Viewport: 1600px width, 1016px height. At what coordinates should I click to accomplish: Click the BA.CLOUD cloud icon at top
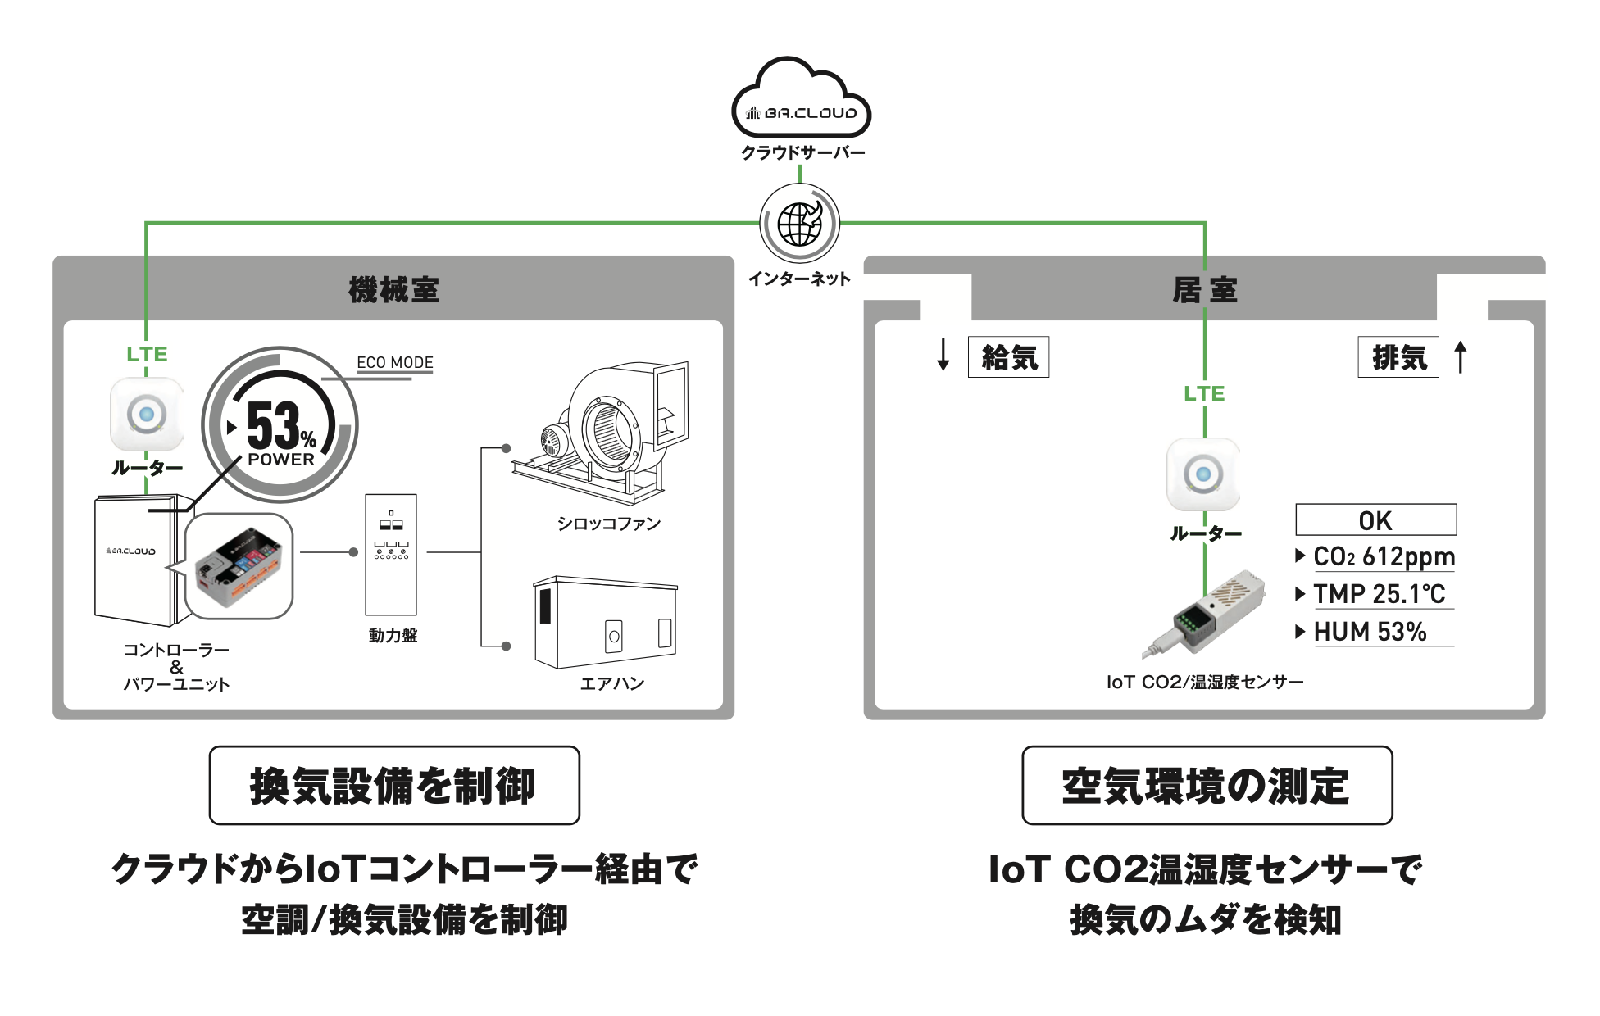coord(801,98)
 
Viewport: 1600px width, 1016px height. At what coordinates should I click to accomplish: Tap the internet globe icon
coord(800,223)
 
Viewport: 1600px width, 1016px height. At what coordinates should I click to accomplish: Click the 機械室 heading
coord(393,289)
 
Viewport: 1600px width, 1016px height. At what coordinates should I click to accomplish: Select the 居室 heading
coord(1204,289)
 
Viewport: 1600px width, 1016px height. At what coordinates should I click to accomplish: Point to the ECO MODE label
coord(394,362)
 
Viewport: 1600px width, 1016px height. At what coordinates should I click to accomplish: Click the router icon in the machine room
coord(147,414)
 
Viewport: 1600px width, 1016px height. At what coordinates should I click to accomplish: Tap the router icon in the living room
coord(1203,474)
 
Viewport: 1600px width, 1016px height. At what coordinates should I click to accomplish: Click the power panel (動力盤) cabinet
coord(391,554)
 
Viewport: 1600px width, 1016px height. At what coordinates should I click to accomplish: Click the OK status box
coord(1375,520)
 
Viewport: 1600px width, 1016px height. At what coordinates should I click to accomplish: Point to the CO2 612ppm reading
coord(1384,557)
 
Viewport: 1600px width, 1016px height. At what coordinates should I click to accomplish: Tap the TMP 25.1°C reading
coord(1379,594)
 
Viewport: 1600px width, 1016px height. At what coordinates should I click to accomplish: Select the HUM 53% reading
coord(1370,632)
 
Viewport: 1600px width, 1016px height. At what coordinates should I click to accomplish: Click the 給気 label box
coord(1008,357)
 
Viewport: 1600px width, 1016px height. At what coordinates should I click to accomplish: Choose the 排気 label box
coord(1398,357)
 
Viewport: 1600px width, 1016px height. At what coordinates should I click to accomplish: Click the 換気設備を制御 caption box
coord(394,785)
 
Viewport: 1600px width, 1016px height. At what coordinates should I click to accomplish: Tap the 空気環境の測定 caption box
coord(1207,785)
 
